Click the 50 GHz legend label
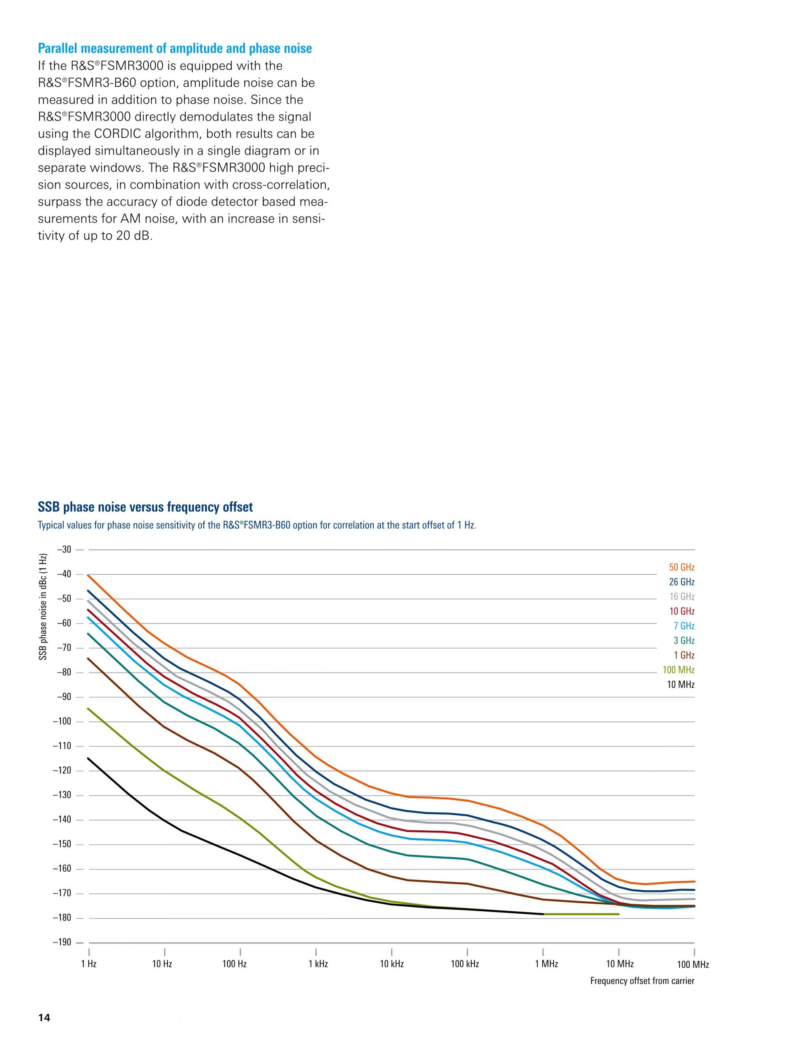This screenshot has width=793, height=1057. (681, 567)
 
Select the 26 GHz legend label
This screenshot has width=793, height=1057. (681, 582)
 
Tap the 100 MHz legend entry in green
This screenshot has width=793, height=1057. (678, 670)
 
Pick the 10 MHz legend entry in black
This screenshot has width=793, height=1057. (680, 685)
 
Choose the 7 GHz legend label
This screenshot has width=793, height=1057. (684, 626)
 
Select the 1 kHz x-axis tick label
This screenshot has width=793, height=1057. (318, 964)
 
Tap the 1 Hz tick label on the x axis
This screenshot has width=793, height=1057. (88, 964)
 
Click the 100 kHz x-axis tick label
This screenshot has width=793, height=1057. (465, 964)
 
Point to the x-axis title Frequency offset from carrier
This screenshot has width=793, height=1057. (642, 981)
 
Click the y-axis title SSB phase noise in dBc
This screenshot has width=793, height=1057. (43, 607)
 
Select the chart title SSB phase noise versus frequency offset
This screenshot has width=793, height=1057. (145, 507)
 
